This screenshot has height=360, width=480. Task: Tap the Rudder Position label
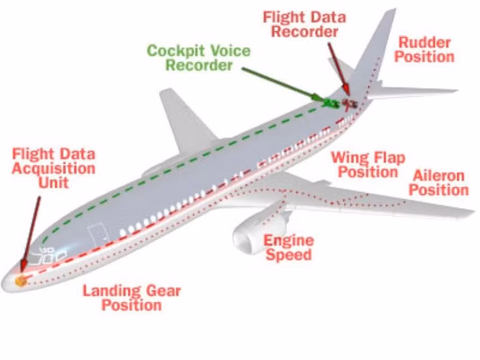click(425, 50)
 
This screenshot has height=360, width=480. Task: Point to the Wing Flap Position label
click(368, 164)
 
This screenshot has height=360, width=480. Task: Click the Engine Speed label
click(288, 247)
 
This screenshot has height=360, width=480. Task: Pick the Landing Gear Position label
click(131, 297)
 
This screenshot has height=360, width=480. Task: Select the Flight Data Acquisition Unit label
click(54, 168)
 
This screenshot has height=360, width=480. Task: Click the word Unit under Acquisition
click(53, 183)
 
